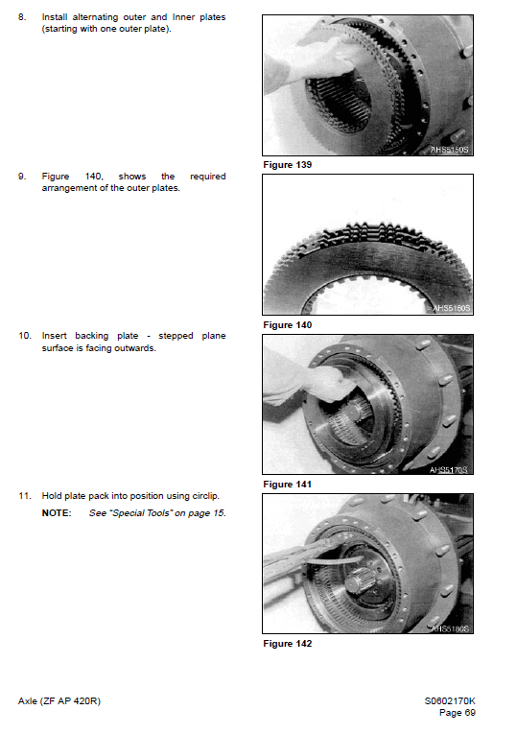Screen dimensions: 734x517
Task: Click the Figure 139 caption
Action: tap(287, 165)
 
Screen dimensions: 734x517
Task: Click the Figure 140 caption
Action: tap(287, 325)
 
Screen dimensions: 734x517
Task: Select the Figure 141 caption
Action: tap(287, 485)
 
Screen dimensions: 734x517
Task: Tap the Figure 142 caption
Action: tap(287, 643)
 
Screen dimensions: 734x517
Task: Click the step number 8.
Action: tap(22, 17)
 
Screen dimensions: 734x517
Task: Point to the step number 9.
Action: tap(22, 177)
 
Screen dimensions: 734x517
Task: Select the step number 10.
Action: tap(25, 336)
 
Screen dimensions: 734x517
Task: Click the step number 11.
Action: tap(25, 495)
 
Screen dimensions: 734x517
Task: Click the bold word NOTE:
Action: tap(56, 513)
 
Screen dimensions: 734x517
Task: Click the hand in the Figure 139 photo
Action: tap(312, 62)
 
